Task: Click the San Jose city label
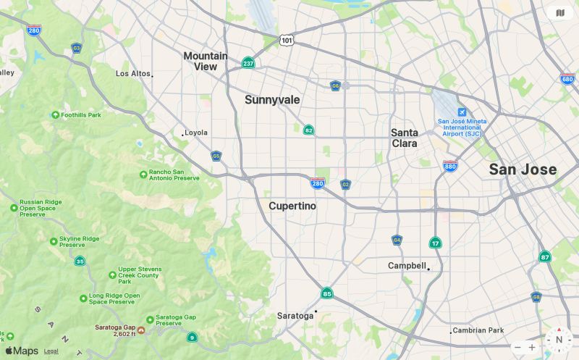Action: (x=523, y=169)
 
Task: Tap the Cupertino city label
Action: (x=292, y=206)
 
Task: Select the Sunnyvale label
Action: (x=272, y=100)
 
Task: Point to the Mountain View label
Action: (x=206, y=61)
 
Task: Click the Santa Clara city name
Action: (x=405, y=138)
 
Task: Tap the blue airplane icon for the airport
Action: (x=462, y=112)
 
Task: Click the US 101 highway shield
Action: (x=287, y=40)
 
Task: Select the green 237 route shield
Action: (x=248, y=63)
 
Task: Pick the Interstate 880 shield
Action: (x=450, y=166)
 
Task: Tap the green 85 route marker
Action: (x=327, y=293)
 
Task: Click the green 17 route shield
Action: (x=435, y=243)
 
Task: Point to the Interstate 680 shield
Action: (x=567, y=78)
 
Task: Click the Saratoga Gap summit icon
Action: (x=141, y=330)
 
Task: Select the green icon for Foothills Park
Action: (x=55, y=115)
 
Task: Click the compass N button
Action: (x=559, y=340)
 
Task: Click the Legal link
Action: (x=51, y=351)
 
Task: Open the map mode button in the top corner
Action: (x=559, y=12)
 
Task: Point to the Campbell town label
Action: (x=407, y=266)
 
